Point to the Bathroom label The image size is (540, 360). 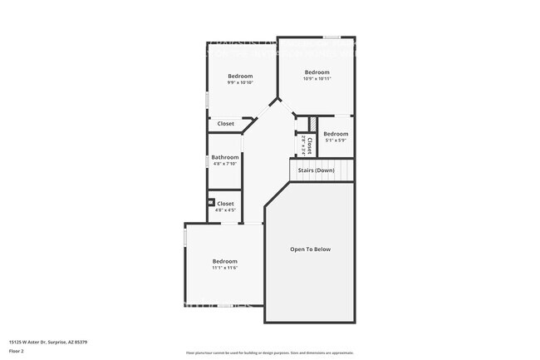(224, 157)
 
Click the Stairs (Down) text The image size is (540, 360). (316, 170)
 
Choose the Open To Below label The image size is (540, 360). (310, 249)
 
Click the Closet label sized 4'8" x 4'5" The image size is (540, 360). (225, 204)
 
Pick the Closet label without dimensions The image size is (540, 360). (225, 124)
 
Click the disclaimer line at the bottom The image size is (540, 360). (270, 353)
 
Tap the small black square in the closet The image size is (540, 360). (212, 201)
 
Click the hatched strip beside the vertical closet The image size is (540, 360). (313, 124)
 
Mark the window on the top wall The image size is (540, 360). (331, 37)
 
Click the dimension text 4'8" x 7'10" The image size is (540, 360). (224, 164)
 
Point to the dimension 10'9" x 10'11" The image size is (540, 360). (317, 79)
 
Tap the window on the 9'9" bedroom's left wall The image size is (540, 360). (208, 100)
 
